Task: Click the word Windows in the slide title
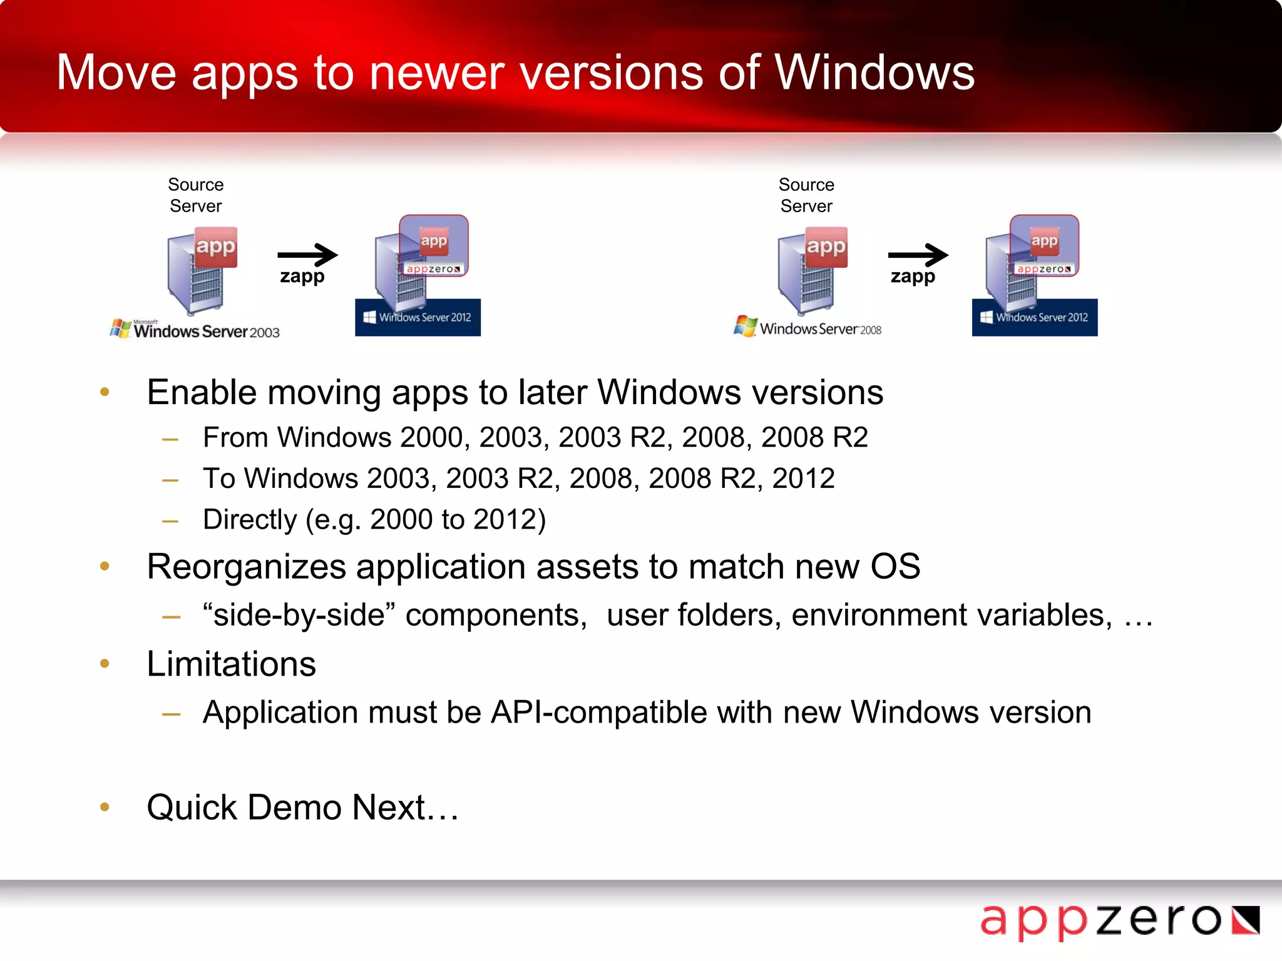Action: (874, 73)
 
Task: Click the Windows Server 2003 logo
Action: (195, 330)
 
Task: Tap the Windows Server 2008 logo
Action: (808, 327)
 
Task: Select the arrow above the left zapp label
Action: (307, 255)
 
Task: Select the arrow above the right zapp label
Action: (918, 255)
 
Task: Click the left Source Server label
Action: (196, 195)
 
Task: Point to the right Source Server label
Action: (806, 195)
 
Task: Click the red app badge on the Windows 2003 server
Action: (215, 247)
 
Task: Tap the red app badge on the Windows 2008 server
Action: (826, 247)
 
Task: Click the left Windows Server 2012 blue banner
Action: (418, 318)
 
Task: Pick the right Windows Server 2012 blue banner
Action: (1034, 318)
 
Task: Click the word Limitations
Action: (231, 664)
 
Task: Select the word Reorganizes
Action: (246, 567)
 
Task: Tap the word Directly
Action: (250, 520)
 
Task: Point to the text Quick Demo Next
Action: (302, 808)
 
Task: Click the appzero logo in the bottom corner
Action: (1119, 922)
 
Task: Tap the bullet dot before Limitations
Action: (105, 664)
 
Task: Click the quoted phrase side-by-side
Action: (299, 615)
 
